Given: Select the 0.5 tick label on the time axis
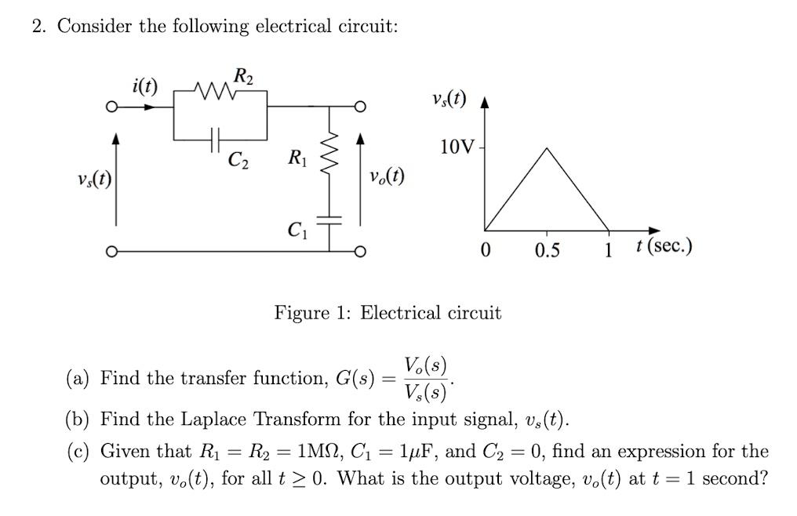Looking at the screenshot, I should tap(547, 250).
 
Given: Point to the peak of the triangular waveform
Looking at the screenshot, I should tap(548, 148).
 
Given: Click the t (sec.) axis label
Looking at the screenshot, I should tap(664, 249).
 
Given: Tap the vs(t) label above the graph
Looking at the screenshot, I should tap(448, 100).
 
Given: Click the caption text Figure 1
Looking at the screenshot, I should tap(313, 314).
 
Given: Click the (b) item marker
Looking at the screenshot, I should tap(77, 420).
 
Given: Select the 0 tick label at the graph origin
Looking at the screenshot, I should tap(486, 250).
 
